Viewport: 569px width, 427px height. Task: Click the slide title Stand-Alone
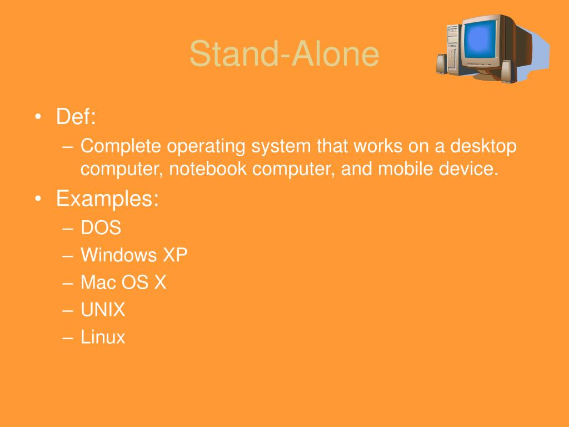click(x=284, y=54)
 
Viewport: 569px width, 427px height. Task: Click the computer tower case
click(x=454, y=47)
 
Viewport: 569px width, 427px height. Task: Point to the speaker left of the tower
click(x=441, y=63)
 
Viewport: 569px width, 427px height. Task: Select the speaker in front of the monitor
click(x=507, y=71)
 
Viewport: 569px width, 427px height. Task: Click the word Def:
click(x=76, y=117)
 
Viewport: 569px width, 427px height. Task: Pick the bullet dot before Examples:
click(x=38, y=199)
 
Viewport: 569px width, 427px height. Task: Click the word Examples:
click(x=107, y=198)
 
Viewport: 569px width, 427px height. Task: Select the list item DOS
click(x=101, y=228)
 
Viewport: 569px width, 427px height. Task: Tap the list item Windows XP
click(x=134, y=255)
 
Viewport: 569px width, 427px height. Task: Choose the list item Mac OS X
click(x=123, y=282)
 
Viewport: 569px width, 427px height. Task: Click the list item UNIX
click(x=103, y=310)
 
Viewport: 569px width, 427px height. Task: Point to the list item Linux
click(x=103, y=337)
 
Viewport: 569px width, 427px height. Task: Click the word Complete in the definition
click(x=121, y=146)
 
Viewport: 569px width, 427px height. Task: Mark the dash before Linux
click(x=68, y=337)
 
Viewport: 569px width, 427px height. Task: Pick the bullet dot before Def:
click(x=38, y=117)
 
